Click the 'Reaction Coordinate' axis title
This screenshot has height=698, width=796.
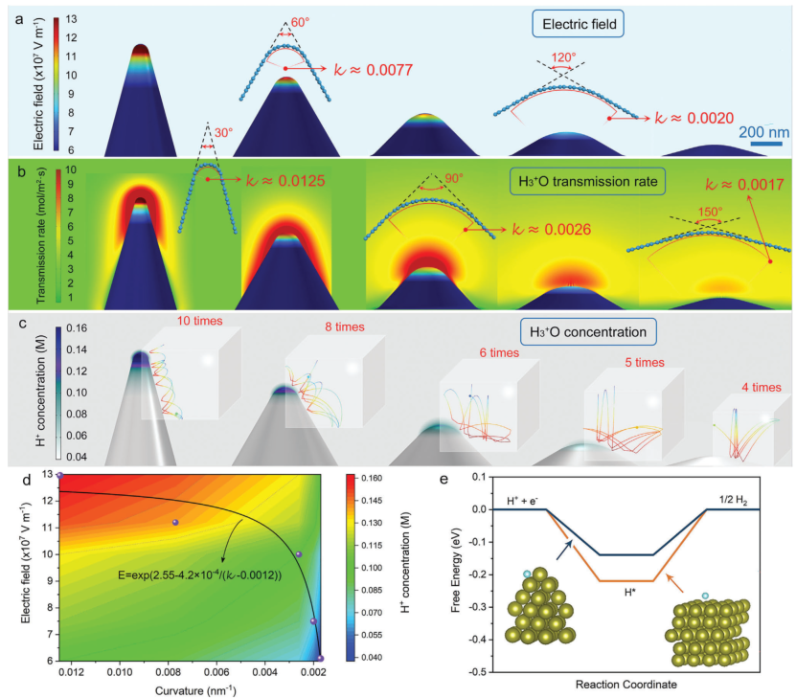point(624,686)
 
